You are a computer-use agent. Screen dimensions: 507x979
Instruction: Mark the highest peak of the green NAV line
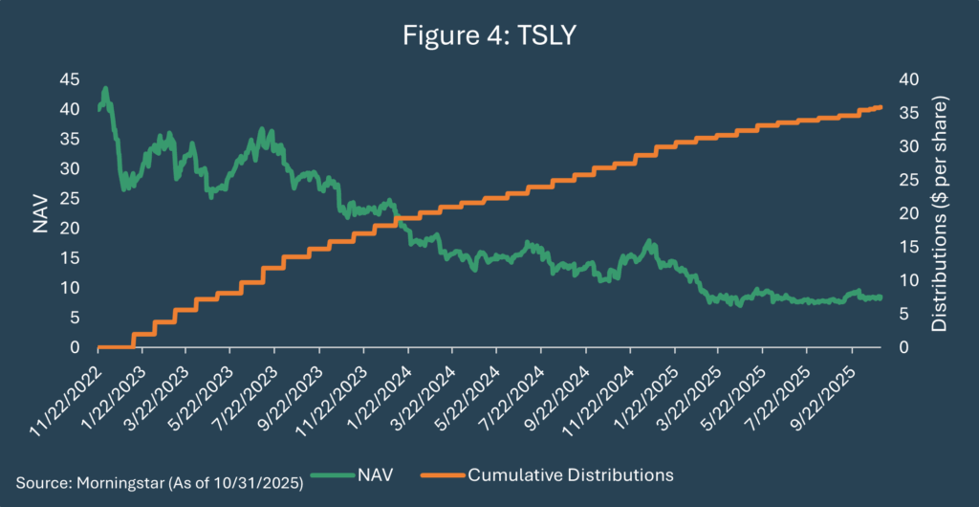105,88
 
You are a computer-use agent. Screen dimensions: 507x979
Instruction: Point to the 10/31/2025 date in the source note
233,474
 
